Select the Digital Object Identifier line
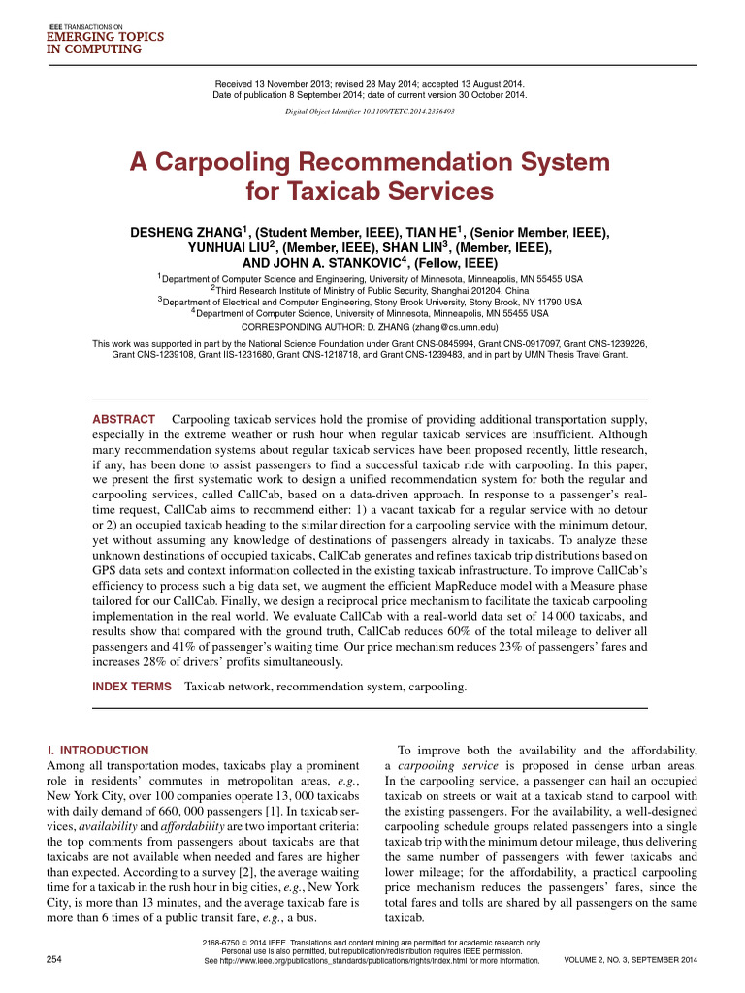coord(370,112)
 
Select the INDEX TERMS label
coord(131,687)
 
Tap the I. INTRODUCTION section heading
coord(98,751)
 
